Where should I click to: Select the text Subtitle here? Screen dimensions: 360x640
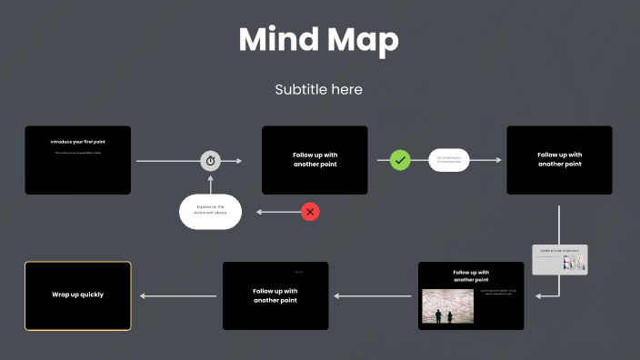click(x=319, y=90)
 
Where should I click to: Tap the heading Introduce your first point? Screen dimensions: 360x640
click(x=78, y=142)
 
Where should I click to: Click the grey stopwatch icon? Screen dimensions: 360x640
click(x=211, y=161)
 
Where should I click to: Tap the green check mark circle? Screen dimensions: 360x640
click(x=401, y=160)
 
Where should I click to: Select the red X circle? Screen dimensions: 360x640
click(x=310, y=212)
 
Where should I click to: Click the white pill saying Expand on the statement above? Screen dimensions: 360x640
click(x=210, y=212)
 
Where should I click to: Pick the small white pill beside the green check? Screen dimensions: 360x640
click(x=448, y=160)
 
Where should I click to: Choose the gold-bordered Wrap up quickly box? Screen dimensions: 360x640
click(x=78, y=295)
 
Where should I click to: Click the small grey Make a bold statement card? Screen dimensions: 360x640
click(x=560, y=259)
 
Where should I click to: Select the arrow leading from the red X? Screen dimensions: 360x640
click(x=277, y=212)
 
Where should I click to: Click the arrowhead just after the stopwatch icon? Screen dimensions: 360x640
click(x=238, y=161)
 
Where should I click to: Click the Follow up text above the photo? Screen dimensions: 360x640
click(x=471, y=275)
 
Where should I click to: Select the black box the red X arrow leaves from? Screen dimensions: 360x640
click(x=315, y=160)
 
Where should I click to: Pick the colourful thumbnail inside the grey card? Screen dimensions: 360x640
click(x=574, y=263)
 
